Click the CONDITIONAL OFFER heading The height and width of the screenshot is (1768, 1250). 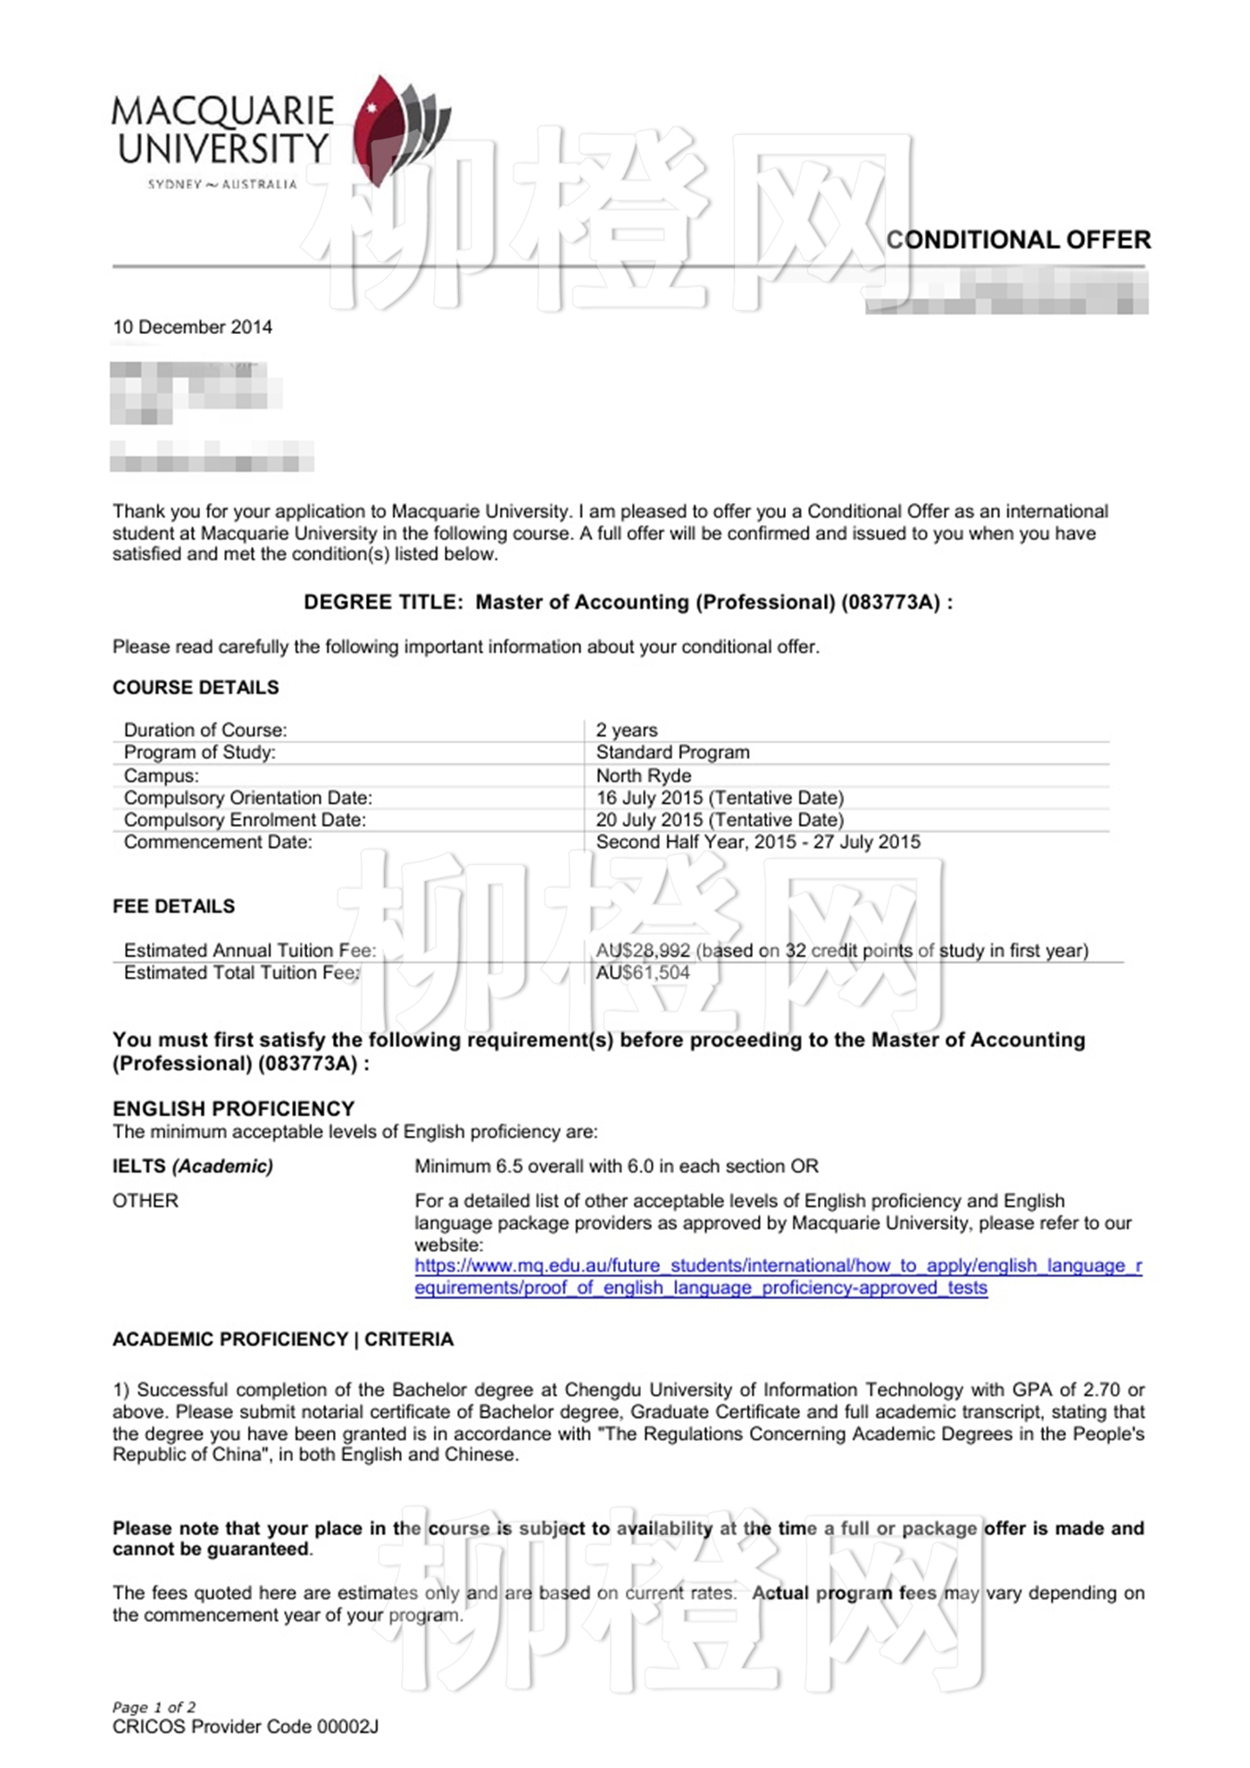1018,239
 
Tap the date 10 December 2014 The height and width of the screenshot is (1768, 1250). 192,327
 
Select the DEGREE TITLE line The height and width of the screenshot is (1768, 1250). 628,602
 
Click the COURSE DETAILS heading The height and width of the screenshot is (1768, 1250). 196,687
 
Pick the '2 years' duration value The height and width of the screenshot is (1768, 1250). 626,730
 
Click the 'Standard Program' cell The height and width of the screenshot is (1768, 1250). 672,752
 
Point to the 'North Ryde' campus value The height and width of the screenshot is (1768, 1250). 643,775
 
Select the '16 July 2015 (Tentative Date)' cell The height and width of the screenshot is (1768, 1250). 720,797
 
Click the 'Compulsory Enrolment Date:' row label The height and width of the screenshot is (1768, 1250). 245,820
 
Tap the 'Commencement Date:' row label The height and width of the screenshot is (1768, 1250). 218,842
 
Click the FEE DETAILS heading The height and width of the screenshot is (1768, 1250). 173,905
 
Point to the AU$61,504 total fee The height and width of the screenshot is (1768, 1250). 643,972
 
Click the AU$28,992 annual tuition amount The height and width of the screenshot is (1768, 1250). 643,950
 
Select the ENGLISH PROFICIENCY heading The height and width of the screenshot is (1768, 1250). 233,1108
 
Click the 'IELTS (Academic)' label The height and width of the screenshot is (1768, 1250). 193,1166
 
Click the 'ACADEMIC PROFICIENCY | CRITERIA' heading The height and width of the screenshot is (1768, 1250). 283,1339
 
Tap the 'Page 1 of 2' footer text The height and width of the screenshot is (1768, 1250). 154,1706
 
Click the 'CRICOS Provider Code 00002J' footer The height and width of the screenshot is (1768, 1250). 246,1727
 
